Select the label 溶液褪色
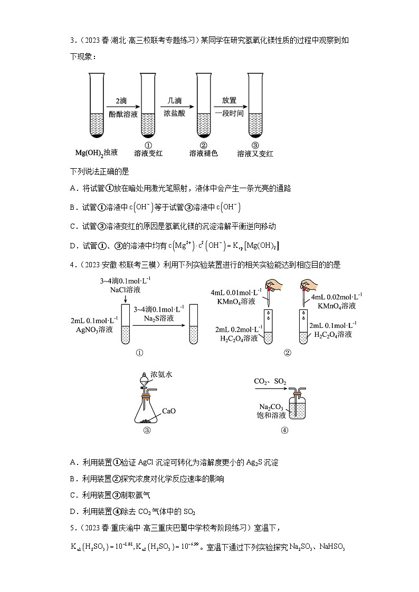click(203, 154)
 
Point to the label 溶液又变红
click(255, 154)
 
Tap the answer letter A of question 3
click(73, 188)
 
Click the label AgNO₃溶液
click(93, 330)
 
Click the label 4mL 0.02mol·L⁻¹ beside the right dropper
click(336, 297)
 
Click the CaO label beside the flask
click(168, 411)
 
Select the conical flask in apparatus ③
click(147, 411)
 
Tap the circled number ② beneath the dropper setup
click(287, 353)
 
